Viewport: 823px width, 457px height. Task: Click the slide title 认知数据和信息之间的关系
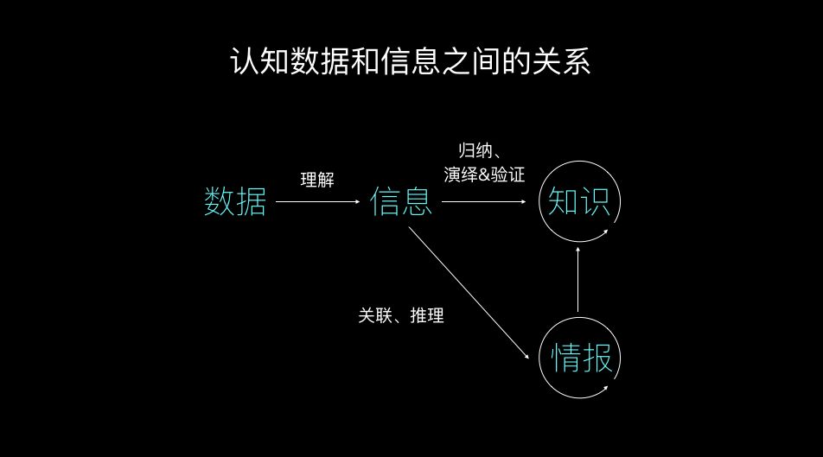[x=411, y=62]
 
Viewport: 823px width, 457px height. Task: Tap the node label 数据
[x=235, y=202]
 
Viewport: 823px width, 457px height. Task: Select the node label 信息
[x=401, y=202]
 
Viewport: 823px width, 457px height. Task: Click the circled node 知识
[x=579, y=201]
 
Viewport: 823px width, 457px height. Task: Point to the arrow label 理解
[x=317, y=180]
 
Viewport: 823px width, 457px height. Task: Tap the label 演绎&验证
[x=484, y=174]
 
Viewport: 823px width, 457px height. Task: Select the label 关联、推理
[x=401, y=316]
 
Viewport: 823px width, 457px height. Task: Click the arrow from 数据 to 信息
[x=316, y=202]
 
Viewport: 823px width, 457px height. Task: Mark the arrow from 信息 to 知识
[x=484, y=202]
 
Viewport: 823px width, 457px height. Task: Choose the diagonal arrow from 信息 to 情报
[x=471, y=294]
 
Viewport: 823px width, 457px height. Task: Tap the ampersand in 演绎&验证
[x=483, y=174]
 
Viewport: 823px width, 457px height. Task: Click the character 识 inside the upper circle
[x=597, y=201]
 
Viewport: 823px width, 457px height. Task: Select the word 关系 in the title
[x=563, y=62]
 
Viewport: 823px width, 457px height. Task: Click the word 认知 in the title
[x=258, y=62]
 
